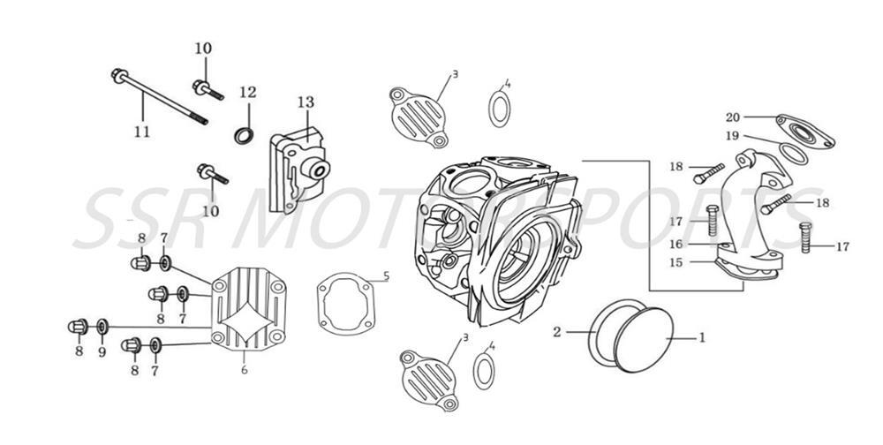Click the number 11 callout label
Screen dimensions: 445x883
[x=142, y=132]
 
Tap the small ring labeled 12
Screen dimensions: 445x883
[x=245, y=135]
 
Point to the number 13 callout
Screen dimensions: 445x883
[x=305, y=103]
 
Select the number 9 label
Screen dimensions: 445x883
[x=102, y=351]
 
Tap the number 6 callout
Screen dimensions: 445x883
[x=244, y=370]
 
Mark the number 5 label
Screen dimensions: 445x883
[x=386, y=276]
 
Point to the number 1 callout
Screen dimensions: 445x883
[x=703, y=336]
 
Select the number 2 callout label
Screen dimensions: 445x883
[x=557, y=332]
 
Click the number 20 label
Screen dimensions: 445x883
[x=732, y=117]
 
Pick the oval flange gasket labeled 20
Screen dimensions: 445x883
[x=805, y=131]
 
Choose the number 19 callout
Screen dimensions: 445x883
[x=732, y=136]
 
